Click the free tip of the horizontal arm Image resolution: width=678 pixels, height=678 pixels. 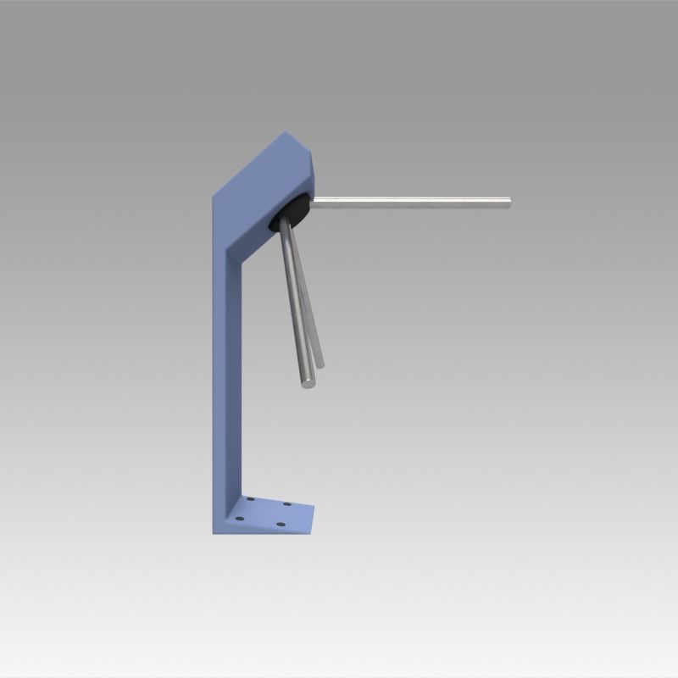[x=508, y=201]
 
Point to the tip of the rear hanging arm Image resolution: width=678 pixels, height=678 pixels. [x=320, y=364]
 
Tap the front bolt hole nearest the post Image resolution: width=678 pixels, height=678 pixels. [x=240, y=518]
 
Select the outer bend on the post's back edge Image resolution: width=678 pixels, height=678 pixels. [x=213, y=197]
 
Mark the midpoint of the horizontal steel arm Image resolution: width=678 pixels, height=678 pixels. [x=411, y=201]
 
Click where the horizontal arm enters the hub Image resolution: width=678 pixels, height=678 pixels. [x=313, y=201]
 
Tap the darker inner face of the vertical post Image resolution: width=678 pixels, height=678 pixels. [x=236, y=381]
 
